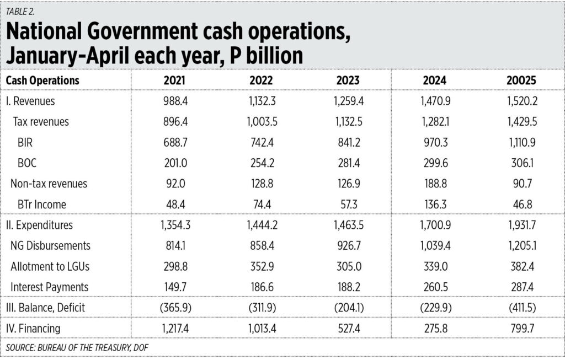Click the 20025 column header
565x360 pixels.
pos(521,80)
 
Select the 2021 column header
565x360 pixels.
pos(174,80)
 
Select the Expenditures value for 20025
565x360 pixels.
pos(521,225)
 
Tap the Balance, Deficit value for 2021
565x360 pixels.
pos(174,308)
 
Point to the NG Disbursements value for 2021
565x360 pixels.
pos(174,246)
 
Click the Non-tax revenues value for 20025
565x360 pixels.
pos(521,184)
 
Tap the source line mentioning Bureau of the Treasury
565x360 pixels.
pos(77,347)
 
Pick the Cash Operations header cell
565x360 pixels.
pos(42,80)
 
